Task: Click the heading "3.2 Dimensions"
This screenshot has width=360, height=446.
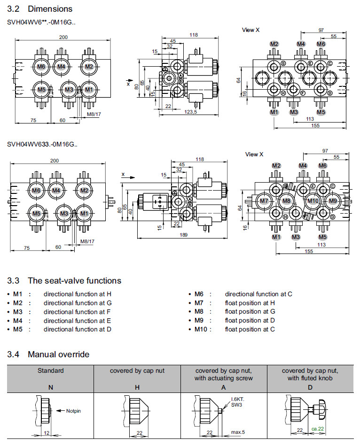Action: coord(40,9)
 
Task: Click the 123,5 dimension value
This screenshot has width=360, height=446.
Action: coord(190,113)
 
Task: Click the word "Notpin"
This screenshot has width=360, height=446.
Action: coord(73,411)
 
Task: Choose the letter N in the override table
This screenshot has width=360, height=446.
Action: coord(50,388)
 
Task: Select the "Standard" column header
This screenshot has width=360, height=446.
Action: coord(50,370)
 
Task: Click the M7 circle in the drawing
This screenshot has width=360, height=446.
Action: coord(264,201)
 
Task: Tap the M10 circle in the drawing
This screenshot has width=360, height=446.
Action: coord(313,201)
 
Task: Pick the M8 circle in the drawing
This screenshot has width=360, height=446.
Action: coord(286,201)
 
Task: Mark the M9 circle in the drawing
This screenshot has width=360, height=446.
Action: coord(333,201)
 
